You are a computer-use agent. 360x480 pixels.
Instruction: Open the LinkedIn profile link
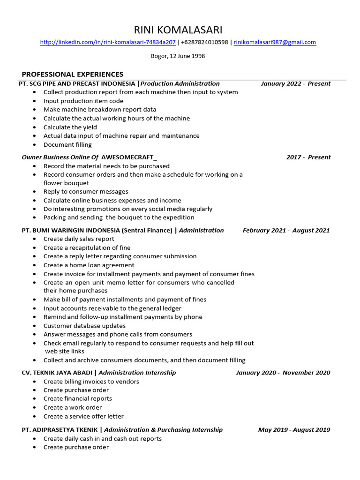(x=108, y=42)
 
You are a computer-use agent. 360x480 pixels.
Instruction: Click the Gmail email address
(x=275, y=42)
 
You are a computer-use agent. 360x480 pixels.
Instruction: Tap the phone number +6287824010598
(x=205, y=42)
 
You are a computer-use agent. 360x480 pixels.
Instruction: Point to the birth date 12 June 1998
(x=184, y=56)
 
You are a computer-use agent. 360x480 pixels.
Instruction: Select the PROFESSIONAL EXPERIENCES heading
(x=73, y=74)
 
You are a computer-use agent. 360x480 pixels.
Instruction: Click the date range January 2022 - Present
(x=295, y=83)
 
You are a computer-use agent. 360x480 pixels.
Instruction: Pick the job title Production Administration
(x=180, y=83)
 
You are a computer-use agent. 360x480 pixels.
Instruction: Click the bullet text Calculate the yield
(x=70, y=127)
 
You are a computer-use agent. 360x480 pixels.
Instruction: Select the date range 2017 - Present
(x=308, y=157)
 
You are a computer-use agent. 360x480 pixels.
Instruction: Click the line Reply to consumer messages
(x=86, y=192)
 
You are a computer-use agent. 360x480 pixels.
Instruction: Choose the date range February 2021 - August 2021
(x=286, y=230)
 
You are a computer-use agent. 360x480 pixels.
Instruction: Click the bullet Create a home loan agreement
(x=89, y=265)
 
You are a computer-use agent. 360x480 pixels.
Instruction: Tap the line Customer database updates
(x=84, y=326)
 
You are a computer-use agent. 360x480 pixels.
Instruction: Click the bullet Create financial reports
(x=78, y=398)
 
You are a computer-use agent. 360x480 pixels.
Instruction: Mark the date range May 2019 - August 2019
(x=294, y=430)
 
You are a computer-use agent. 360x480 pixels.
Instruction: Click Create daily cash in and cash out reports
(x=103, y=439)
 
